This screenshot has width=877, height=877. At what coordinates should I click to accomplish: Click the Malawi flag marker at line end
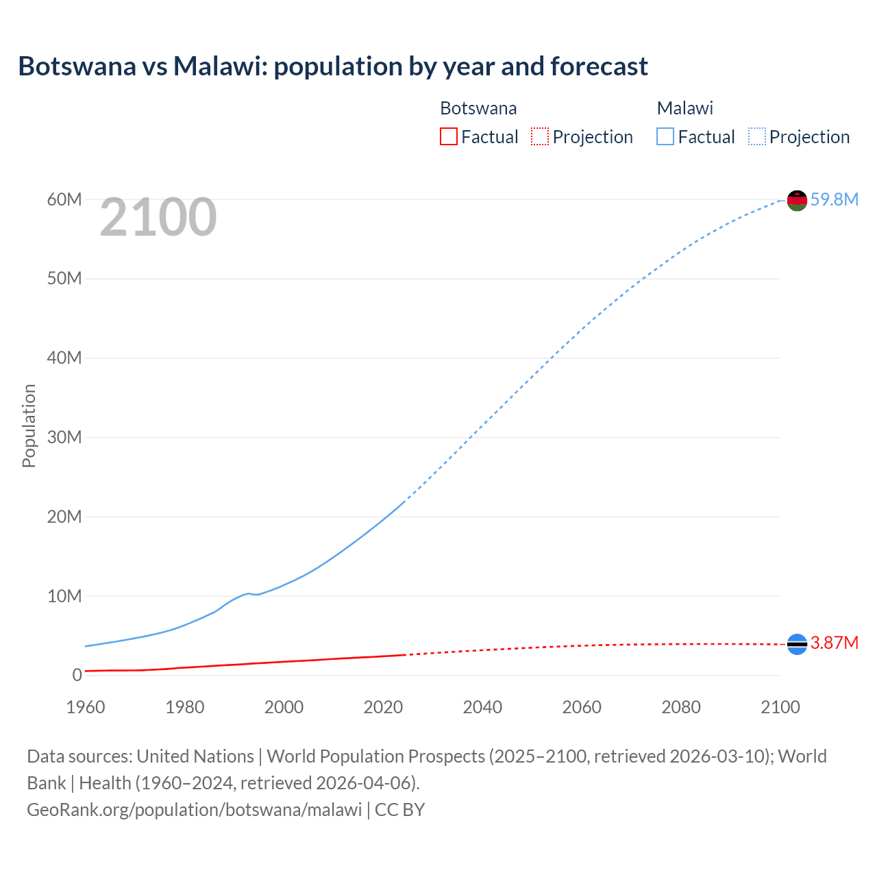tap(797, 200)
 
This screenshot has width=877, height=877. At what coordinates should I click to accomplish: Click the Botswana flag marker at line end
tap(797, 644)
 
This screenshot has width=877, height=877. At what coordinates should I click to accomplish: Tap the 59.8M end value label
tap(834, 199)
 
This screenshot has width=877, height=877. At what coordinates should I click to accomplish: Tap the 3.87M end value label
tap(834, 643)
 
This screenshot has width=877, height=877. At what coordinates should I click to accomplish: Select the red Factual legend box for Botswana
tap(448, 136)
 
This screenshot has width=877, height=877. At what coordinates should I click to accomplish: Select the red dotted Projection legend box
tap(540, 136)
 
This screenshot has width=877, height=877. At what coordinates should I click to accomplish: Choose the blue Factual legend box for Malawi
tap(665, 136)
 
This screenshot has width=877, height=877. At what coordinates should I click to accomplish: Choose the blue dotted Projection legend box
tap(756, 136)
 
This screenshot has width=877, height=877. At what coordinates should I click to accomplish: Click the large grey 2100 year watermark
tap(158, 217)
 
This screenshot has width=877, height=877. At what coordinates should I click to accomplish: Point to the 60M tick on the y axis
tap(64, 199)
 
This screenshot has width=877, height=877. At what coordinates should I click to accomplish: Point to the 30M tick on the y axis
tap(64, 437)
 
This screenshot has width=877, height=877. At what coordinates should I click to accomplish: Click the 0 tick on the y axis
tap(77, 675)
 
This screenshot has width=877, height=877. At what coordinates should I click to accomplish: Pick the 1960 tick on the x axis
tap(86, 707)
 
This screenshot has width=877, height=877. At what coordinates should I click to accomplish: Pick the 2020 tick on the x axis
tap(383, 707)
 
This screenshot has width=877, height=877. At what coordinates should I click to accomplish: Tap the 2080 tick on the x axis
tap(681, 707)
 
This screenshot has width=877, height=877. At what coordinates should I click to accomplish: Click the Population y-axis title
tap(29, 425)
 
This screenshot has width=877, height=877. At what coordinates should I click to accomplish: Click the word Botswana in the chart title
tap(77, 66)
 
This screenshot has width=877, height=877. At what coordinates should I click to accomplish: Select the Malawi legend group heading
tap(684, 108)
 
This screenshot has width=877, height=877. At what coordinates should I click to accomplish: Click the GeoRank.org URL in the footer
tap(194, 809)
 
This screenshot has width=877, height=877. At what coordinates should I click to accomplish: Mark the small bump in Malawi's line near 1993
tap(249, 593)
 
